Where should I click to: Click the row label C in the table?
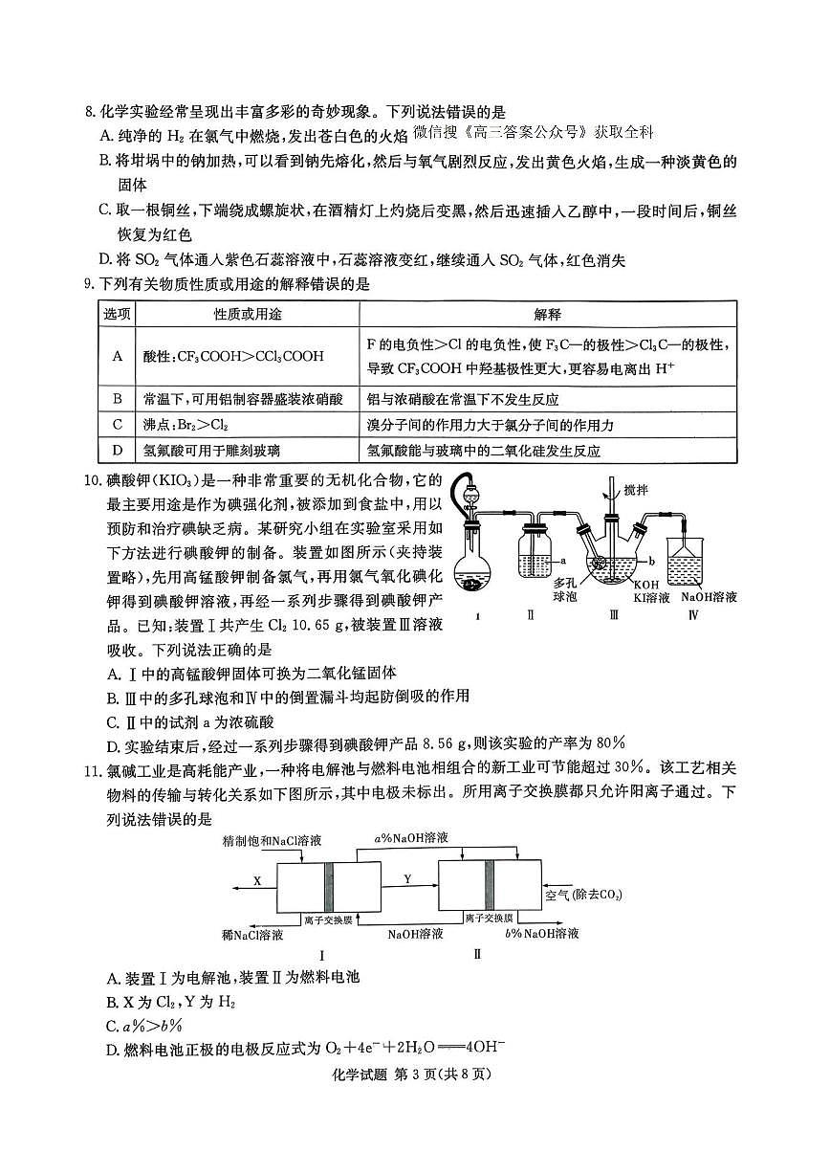click(x=118, y=424)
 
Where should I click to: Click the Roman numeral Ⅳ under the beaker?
click(x=694, y=615)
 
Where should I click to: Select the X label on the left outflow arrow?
click(x=256, y=879)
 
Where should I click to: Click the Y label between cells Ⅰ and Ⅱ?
click(x=407, y=877)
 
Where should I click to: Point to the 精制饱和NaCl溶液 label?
click(x=271, y=841)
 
